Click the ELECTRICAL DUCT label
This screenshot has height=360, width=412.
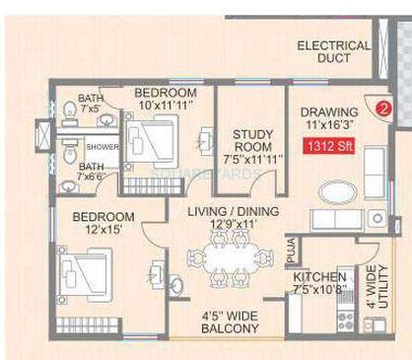pyautogui.click(x=333, y=52)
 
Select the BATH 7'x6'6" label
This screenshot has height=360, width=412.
pyautogui.click(x=92, y=172)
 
